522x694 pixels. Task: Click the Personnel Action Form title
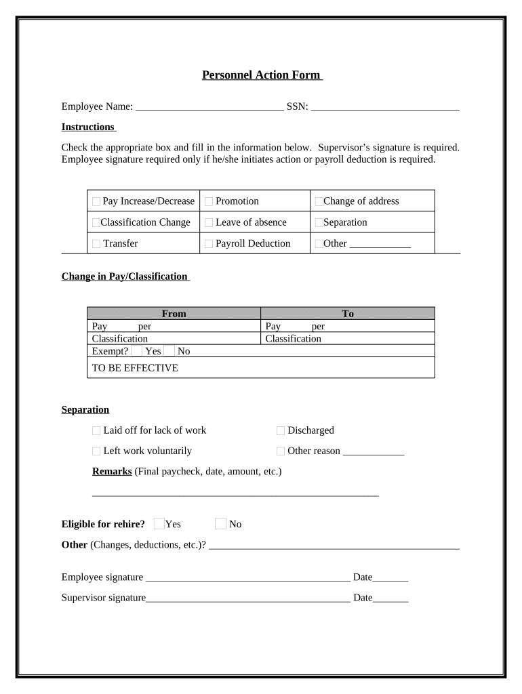(262, 75)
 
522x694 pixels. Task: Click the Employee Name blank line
(209, 107)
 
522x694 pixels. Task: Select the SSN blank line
(385, 107)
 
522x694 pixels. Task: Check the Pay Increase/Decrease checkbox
(96, 202)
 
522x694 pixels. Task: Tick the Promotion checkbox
(209, 202)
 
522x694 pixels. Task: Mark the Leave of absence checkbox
(209, 223)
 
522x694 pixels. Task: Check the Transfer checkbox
(96, 244)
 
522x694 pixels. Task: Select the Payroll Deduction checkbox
(209, 244)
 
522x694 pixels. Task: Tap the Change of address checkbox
(319, 202)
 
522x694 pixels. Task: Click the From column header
(174, 314)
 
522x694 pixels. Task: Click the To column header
(348, 314)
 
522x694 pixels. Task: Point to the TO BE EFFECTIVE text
(135, 368)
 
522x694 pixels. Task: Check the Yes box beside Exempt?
(137, 351)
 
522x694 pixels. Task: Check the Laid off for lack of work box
(96, 431)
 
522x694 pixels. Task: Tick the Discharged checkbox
(281, 431)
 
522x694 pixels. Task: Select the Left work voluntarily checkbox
(96, 451)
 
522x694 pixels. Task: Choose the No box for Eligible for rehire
(220, 523)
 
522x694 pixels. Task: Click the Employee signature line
(247, 578)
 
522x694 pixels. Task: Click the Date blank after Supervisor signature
(390, 598)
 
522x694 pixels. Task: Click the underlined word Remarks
(112, 471)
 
